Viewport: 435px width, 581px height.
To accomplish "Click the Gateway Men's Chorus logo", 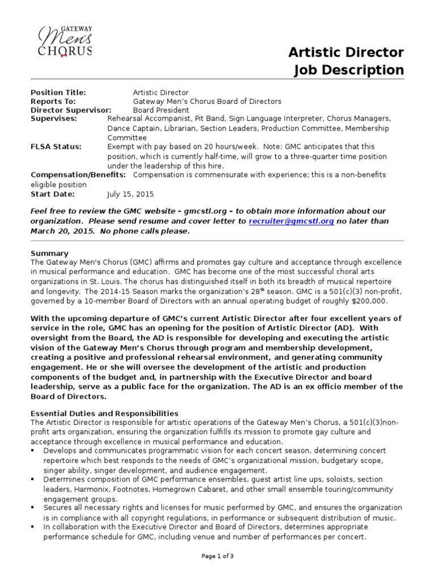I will coord(65,41).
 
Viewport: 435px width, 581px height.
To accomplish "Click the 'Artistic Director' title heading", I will coord(346,53).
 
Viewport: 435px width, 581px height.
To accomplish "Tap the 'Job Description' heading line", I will coord(349,70).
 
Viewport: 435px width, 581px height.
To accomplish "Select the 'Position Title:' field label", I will coord(58,92).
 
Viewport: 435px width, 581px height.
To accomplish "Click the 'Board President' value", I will coord(161,110).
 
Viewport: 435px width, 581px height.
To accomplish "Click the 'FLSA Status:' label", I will coord(56,146).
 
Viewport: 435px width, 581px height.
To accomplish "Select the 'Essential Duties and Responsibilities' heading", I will coord(105,414).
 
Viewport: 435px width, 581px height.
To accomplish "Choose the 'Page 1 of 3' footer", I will coord(217,557).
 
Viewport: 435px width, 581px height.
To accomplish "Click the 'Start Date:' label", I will coord(53,193).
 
